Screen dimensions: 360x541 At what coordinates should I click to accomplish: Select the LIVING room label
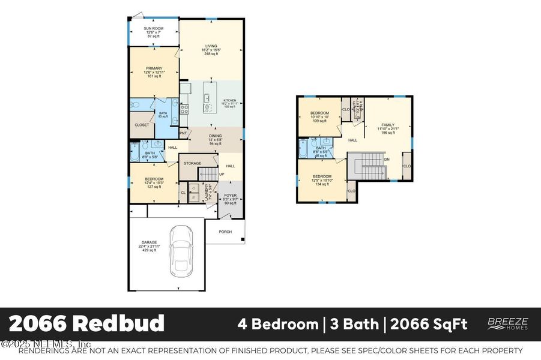(211, 46)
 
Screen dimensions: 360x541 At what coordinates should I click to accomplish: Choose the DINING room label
(215, 136)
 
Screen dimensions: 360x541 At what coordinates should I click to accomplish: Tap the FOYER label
(231, 195)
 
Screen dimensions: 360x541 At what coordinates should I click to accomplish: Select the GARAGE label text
(150, 242)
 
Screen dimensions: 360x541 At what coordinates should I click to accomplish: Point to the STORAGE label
(192, 163)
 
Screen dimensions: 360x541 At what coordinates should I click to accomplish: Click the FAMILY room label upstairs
(388, 125)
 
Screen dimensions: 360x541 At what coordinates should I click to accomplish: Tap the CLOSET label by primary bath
(142, 125)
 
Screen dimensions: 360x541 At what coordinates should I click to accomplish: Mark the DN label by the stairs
(388, 159)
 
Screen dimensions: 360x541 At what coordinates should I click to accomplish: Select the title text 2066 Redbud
(87, 324)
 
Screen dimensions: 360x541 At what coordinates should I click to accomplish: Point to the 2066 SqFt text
(429, 325)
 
